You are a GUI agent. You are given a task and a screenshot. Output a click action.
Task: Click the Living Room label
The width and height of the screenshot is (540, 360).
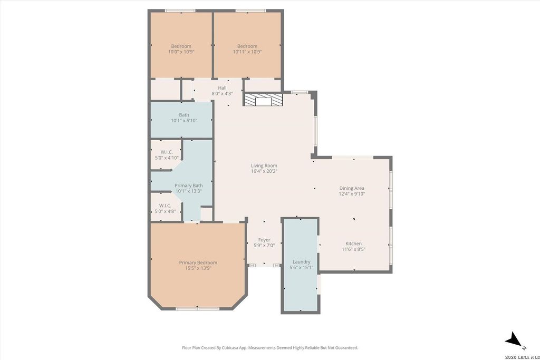click(264, 166)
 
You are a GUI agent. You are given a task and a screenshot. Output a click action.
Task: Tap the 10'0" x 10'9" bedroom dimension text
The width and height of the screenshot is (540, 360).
click(181, 52)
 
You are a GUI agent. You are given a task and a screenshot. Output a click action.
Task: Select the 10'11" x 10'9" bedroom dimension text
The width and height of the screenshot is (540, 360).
click(247, 52)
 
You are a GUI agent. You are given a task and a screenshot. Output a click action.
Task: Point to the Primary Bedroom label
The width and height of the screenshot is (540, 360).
click(198, 262)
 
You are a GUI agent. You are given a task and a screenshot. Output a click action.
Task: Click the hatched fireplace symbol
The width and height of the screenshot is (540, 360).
click(263, 99)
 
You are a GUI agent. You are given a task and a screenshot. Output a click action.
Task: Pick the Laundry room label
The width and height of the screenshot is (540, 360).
click(301, 262)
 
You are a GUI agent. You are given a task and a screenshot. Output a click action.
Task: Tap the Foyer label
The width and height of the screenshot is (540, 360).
click(264, 240)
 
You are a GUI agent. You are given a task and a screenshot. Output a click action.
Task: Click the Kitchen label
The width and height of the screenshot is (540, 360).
click(354, 244)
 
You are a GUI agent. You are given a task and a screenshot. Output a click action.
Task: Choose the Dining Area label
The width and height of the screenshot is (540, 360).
click(352, 188)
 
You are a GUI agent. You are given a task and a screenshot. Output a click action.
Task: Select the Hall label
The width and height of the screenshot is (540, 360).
click(222, 88)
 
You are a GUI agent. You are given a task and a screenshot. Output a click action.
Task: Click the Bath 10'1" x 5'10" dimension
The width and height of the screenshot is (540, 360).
click(184, 121)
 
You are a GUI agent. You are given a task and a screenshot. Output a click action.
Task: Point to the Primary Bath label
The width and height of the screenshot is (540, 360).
click(188, 186)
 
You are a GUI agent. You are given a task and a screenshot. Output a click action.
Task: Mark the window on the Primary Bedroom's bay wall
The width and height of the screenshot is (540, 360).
click(198, 309)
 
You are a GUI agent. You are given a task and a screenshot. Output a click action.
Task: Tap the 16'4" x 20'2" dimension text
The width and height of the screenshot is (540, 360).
click(264, 171)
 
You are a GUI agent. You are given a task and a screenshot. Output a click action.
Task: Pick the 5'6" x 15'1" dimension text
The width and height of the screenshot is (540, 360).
click(301, 267)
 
